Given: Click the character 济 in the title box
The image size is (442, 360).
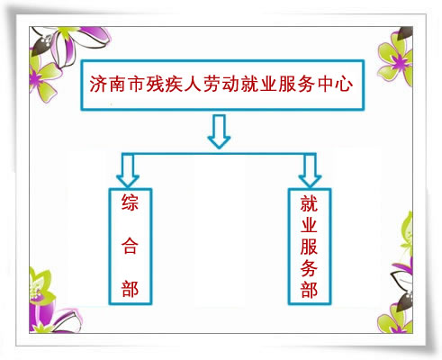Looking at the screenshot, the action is (x=99, y=84).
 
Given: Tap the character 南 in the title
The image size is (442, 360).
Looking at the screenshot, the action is (x=118, y=84).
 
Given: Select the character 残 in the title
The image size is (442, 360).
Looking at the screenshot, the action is (x=155, y=84).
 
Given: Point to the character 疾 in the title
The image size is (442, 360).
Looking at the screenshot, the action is (x=174, y=84).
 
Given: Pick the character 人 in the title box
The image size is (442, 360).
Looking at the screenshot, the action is (x=193, y=84).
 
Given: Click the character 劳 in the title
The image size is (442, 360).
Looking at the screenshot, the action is (x=212, y=84).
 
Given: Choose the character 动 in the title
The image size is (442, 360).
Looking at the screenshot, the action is (x=230, y=84).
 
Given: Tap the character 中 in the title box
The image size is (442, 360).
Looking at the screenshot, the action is (x=325, y=84).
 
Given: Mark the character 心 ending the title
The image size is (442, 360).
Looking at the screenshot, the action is (x=344, y=84).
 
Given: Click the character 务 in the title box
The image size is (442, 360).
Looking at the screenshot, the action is (x=306, y=84).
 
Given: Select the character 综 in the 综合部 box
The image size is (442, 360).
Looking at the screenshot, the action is (x=130, y=203).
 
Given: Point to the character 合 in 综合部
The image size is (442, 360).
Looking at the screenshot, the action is (x=130, y=246).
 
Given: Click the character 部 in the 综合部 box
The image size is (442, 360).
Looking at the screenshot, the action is (x=130, y=289).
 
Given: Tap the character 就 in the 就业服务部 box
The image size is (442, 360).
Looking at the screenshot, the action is (x=309, y=203).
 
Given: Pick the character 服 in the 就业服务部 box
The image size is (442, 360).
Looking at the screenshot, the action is (x=309, y=246).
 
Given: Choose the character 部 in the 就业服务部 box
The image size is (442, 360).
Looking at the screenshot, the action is (x=309, y=290).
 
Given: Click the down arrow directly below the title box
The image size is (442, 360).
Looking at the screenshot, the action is (x=219, y=132).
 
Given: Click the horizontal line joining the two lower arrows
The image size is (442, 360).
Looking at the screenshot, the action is (x=219, y=154).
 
